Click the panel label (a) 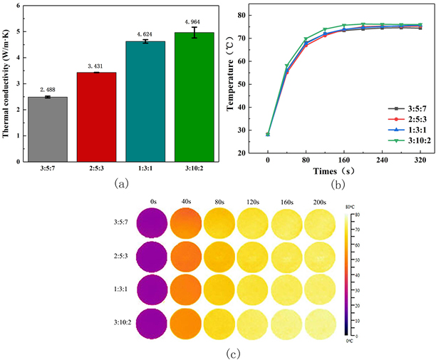point(122,183)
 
